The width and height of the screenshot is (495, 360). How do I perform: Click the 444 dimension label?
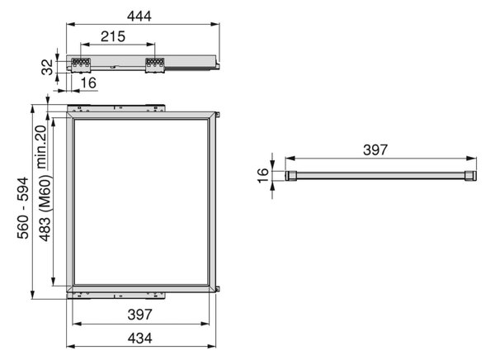pos(139,17)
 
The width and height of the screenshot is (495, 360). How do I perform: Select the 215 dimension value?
pos(113,36)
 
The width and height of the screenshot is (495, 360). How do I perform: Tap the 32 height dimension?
pos(47,67)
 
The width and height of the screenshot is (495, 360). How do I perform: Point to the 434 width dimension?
pos(140,339)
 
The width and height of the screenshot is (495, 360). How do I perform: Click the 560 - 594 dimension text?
pos(23,208)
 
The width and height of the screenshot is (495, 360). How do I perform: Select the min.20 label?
pos(42,147)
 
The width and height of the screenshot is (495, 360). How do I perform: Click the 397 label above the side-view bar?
pos(375,149)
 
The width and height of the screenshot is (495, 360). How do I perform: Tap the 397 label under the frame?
pos(140,315)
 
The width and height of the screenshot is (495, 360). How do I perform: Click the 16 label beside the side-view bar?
pos(262,176)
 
